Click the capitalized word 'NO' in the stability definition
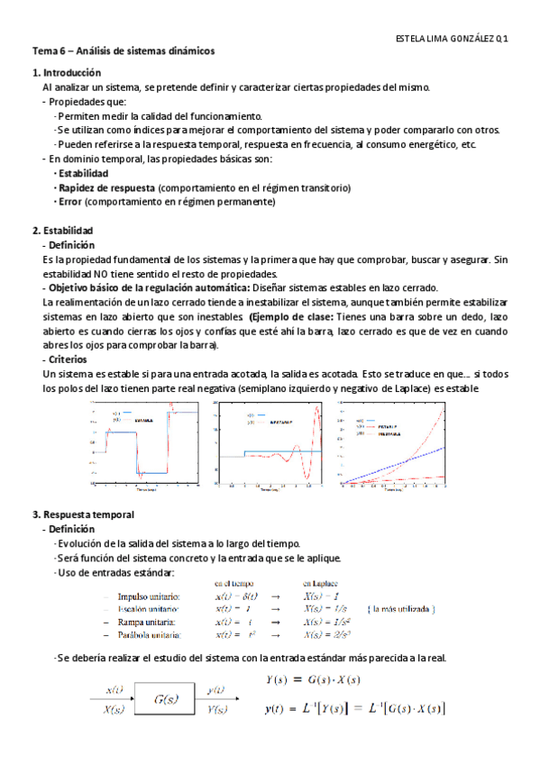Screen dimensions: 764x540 [110, 274]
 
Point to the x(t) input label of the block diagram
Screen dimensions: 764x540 [115, 689]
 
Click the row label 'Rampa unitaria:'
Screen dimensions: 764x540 [150, 622]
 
